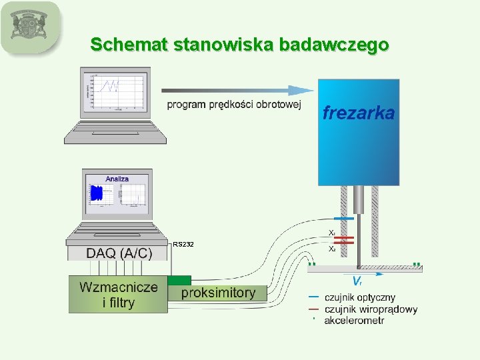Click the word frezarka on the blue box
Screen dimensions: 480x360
click(x=359, y=113)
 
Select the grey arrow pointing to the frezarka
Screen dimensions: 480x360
click(x=237, y=90)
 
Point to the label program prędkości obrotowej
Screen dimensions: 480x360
click(x=233, y=105)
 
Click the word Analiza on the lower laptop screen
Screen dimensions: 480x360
click(x=117, y=179)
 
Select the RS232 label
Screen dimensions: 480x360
click(x=183, y=245)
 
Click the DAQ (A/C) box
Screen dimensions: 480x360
click(x=119, y=253)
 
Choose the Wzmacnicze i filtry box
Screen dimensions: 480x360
click(x=118, y=295)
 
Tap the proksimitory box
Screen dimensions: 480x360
click(x=217, y=293)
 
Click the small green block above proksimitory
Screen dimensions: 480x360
click(x=179, y=280)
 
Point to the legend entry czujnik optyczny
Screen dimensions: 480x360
click(x=359, y=297)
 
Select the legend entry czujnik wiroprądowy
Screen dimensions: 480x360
click(x=371, y=309)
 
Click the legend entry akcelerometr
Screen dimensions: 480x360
click(x=354, y=320)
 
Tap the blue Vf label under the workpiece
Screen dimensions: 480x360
click(x=357, y=281)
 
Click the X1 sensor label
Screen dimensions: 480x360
click(x=331, y=233)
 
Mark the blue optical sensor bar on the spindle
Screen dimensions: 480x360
click(x=344, y=219)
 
